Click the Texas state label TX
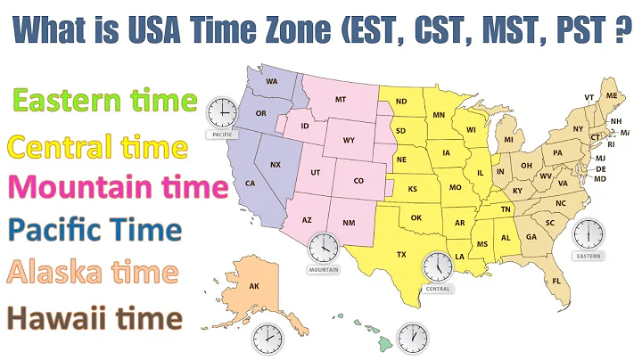pyautogui.click(x=401, y=255)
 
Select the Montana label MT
pyautogui.click(x=340, y=101)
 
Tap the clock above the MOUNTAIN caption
pyautogui.click(x=323, y=247)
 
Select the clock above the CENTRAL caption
pyautogui.click(x=437, y=266)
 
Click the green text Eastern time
pyautogui.click(x=100, y=101)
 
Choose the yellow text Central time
pyautogui.click(x=97, y=146)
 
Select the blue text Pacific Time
pyautogui.click(x=94, y=230)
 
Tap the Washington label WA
pyautogui.click(x=271, y=82)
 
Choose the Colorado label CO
pyautogui.click(x=358, y=181)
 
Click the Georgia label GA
pyautogui.click(x=531, y=236)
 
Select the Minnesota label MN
pyautogui.click(x=439, y=115)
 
